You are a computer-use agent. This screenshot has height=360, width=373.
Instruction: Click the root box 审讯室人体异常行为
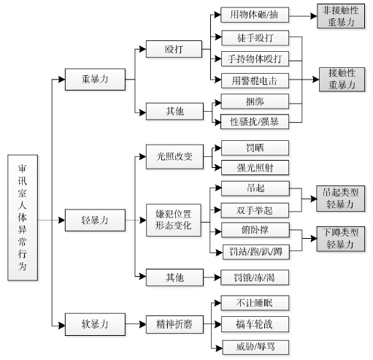click(x=23, y=218)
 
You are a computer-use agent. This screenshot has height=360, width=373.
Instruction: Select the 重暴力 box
click(x=95, y=80)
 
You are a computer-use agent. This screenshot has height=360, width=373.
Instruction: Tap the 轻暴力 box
click(x=95, y=221)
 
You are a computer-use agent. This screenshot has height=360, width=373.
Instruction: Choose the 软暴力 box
click(x=95, y=324)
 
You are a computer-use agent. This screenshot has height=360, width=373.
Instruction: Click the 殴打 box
click(x=174, y=49)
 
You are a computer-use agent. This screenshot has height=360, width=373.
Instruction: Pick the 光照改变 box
click(x=174, y=156)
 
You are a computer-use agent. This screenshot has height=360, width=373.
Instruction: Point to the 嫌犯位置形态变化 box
click(x=174, y=220)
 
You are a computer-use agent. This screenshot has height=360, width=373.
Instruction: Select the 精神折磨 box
click(x=174, y=324)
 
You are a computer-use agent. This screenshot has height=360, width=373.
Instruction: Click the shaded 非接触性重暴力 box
click(x=341, y=16)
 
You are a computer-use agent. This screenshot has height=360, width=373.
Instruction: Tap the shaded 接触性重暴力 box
click(x=342, y=80)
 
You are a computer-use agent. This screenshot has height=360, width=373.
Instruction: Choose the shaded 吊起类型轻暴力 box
click(x=341, y=199)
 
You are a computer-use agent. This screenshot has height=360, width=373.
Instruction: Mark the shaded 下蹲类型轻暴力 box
click(x=341, y=239)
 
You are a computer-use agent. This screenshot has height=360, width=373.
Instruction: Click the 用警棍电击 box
click(x=255, y=80)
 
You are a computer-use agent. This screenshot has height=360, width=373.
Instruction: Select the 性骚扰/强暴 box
click(x=255, y=121)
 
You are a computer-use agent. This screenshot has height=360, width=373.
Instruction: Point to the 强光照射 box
click(x=255, y=167)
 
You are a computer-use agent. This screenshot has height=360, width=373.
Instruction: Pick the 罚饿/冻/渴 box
click(x=255, y=277)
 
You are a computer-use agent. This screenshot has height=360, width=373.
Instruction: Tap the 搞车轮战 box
click(x=255, y=324)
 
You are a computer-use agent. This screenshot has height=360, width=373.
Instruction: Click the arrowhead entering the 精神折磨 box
click(x=142, y=324)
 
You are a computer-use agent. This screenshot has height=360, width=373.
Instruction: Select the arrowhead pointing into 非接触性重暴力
click(x=314, y=16)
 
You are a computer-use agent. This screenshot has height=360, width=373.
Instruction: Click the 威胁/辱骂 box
click(x=255, y=347)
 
